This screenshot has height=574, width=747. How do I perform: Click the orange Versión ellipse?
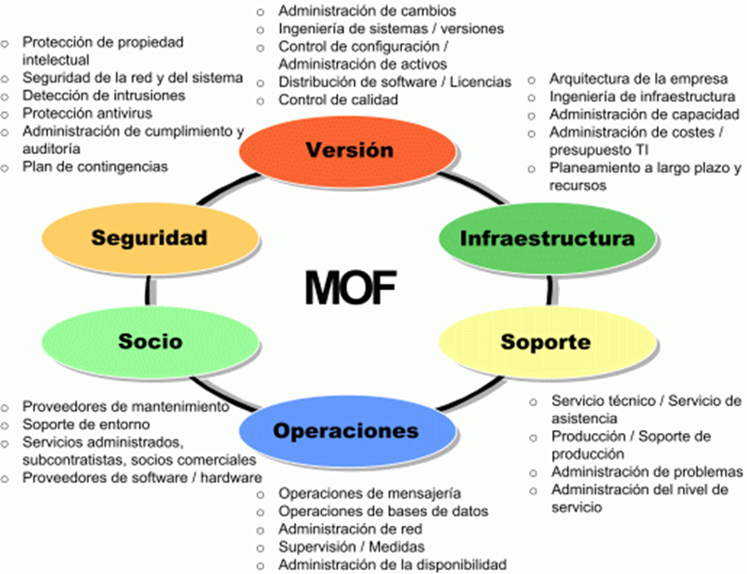[347, 151]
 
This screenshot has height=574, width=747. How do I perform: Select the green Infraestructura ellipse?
[547, 238]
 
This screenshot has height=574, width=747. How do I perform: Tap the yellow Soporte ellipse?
[547, 342]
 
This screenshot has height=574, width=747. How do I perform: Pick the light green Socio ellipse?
[150, 341]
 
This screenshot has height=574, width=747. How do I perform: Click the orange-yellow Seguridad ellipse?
[150, 238]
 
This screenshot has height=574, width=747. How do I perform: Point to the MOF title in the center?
[351, 288]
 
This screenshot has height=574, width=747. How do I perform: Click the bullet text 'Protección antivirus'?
[87, 113]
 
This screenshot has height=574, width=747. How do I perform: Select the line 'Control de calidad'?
[339, 100]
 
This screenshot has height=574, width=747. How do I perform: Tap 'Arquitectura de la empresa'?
[638, 79]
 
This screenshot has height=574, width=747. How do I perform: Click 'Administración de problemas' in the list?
[647, 472]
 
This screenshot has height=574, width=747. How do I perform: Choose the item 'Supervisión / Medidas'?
[352, 547]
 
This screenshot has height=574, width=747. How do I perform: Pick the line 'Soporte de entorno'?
[86, 424]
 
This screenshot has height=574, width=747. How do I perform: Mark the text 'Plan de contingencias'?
[96, 167]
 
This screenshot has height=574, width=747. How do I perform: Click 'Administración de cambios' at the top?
[367, 10]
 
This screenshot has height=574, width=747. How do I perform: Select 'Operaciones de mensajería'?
[369, 493]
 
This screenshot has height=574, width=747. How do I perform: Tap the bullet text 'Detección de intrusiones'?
[104, 96]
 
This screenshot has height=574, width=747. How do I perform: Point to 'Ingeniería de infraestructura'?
[642, 96]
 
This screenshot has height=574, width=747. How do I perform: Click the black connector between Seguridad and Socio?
[149, 290]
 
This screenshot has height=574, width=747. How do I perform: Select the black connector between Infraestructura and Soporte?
[549, 290]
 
